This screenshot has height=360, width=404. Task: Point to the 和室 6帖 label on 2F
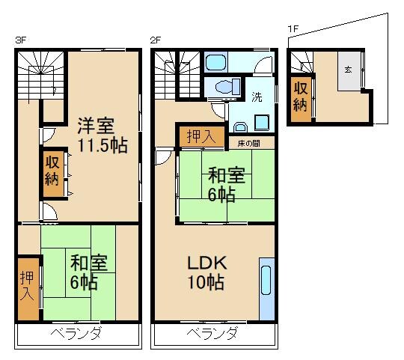coord(226,186)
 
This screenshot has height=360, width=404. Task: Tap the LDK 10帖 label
coord(206,273)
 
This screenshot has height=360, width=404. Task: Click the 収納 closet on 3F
coord(51,170)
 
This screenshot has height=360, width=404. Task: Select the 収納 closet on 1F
coord(300,95)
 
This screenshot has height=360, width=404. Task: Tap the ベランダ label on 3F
coord(77,333)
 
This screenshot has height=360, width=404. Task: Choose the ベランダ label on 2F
coord(212,333)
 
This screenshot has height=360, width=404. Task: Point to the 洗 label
coord(257,97)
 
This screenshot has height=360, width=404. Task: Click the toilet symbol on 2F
coord(222,88)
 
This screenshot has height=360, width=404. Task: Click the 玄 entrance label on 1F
coord(348,69)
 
